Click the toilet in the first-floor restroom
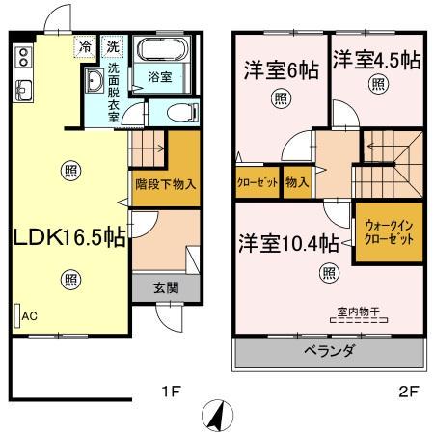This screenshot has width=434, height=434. pos(182,112)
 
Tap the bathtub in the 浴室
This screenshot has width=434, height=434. pos(162,49)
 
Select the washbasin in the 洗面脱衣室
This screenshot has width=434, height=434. pos(95,80)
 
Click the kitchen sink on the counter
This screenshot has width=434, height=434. pos(23,91)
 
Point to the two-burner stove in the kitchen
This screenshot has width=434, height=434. pos(23,57)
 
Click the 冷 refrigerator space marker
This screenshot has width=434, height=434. pos(85,47)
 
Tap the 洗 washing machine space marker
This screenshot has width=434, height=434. pos(112,47)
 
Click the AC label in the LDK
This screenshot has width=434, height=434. pos(29,316)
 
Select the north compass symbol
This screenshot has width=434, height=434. pos(217,416)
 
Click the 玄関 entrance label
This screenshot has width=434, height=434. pos(166,287)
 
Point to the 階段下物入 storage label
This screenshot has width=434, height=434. pos(166,184)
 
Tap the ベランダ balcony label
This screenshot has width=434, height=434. pos(329,350)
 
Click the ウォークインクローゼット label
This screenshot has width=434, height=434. pos(389,232)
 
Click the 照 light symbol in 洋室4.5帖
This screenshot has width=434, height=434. pos(378,84)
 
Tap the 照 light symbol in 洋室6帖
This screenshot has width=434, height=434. pos(281,98)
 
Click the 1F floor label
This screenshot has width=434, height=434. pos(171,392)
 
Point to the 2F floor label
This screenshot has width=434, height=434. pos(408,392)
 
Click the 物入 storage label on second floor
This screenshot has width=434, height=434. pos(297,182)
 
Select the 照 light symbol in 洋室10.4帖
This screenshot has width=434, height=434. pos(329,273)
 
